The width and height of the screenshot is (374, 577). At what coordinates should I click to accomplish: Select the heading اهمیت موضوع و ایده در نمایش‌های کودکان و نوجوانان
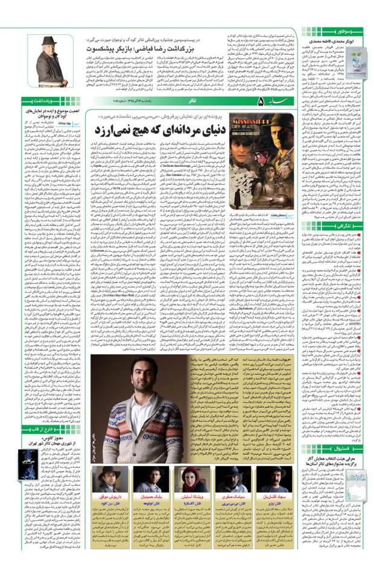(x=46, y=116)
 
